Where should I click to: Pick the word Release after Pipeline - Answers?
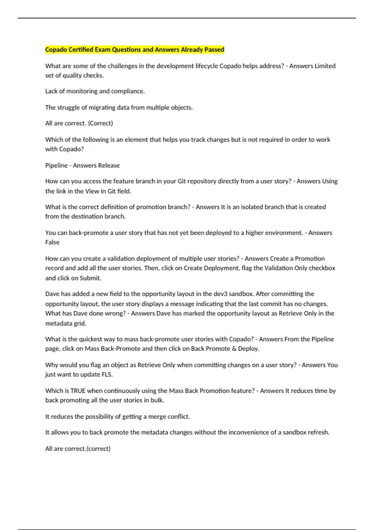[109, 165]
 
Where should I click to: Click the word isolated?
[245, 207]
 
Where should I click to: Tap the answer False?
[52, 242]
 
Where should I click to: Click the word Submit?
[90, 278]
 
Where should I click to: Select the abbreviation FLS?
[107, 374]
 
